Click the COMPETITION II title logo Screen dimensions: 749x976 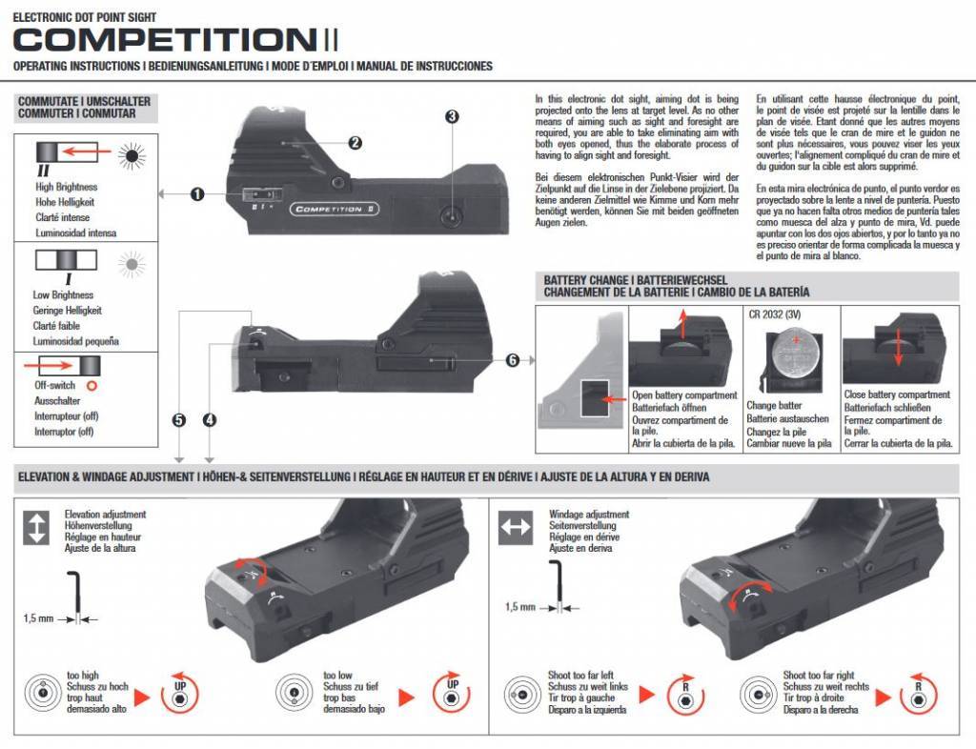(x=175, y=39)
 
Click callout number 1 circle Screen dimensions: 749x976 (x=197, y=194)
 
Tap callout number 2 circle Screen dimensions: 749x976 (x=355, y=143)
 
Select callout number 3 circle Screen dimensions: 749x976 (x=452, y=116)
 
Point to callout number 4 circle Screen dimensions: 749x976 (x=210, y=419)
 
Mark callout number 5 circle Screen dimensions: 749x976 (x=178, y=419)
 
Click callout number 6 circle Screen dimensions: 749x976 (x=512, y=360)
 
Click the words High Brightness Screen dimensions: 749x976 (x=67, y=188)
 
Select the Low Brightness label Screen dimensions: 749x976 (x=63, y=295)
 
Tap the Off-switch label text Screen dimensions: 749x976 (x=55, y=385)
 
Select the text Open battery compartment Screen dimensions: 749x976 (x=684, y=395)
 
